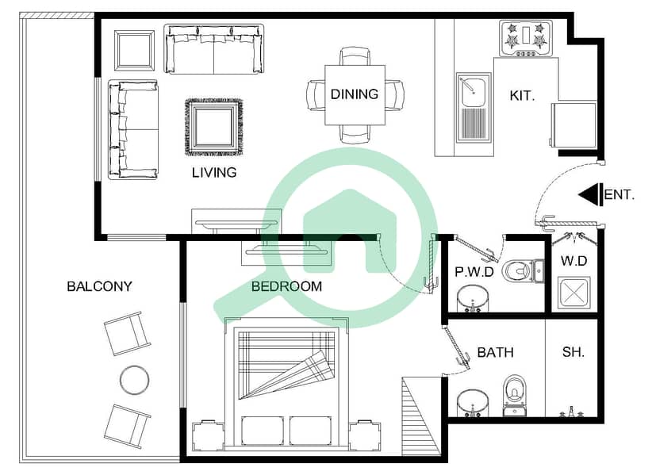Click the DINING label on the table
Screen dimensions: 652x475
[x=355, y=94]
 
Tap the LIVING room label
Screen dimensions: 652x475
[x=214, y=172]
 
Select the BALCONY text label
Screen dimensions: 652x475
[x=99, y=286]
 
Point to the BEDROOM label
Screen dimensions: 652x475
[x=286, y=286]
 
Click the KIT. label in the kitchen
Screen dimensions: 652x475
[x=522, y=96]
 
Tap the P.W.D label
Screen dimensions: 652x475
[x=474, y=272]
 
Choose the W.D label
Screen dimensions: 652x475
[x=573, y=261]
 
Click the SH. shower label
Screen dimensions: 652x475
[x=573, y=352]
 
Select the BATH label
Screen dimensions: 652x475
[x=495, y=352]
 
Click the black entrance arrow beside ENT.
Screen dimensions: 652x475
[x=590, y=194]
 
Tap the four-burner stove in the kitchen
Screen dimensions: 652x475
[x=527, y=38]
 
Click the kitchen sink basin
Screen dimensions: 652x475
[x=474, y=92]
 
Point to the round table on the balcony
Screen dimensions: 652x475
[x=135, y=379]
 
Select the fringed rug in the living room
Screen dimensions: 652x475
[x=213, y=127]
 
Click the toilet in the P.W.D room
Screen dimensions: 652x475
[x=523, y=271]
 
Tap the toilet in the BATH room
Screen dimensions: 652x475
[x=515, y=395]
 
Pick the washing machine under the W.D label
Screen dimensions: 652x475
[x=573, y=292]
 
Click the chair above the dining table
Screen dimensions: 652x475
[x=355, y=56]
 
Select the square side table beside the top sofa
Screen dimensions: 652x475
[x=134, y=51]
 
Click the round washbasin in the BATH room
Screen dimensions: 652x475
[x=473, y=403]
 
